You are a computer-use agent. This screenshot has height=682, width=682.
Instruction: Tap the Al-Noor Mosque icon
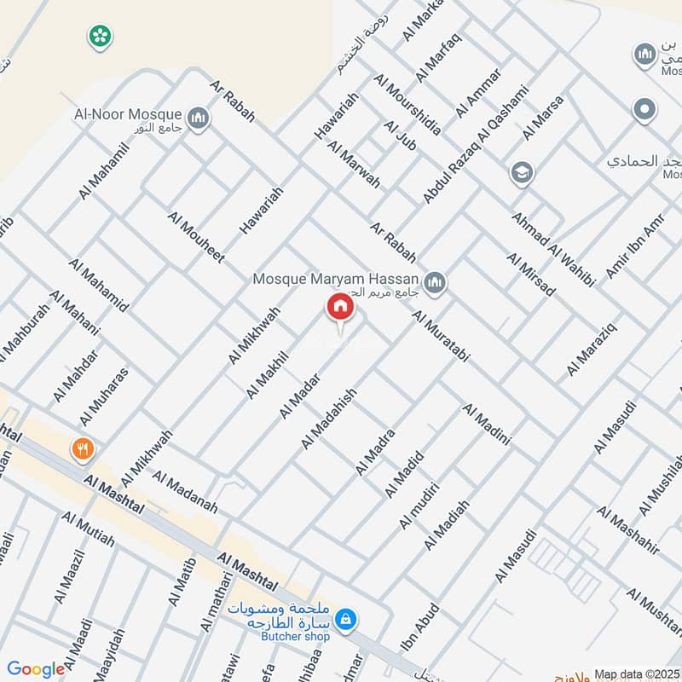(198, 118)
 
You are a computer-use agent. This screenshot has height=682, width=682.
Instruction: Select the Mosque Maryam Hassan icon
(435, 281)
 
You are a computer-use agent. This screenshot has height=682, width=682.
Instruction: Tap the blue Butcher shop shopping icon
(346, 619)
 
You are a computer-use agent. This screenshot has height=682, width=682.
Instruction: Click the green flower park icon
(101, 36)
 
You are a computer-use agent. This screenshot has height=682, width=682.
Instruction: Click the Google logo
(36, 669)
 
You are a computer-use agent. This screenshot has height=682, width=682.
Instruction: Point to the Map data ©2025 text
(637, 673)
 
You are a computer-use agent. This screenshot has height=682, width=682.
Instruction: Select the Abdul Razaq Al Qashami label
(476, 144)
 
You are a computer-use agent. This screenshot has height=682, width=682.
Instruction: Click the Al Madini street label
(487, 425)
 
